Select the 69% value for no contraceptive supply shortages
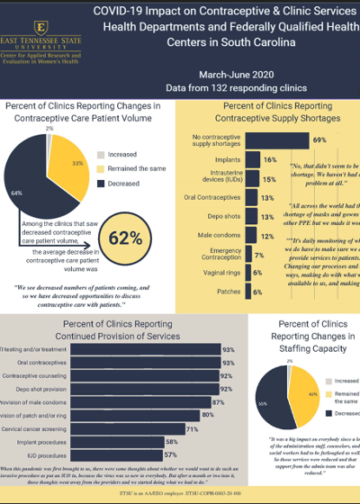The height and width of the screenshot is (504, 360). pyautogui.click(x=319, y=139)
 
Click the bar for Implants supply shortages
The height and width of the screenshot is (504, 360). pyautogui.click(x=250, y=159)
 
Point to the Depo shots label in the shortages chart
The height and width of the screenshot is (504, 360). pyautogui.click(x=223, y=217)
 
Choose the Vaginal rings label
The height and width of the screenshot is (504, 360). pyautogui.click(x=221, y=272)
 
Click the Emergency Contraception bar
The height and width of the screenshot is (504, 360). pyautogui.click(x=248, y=253)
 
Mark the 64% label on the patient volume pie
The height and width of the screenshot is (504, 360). pyautogui.click(x=40, y=191)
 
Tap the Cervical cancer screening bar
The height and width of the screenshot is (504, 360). pyautogui.click(x=136, y=430)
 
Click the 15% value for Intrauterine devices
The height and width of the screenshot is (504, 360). pyautogui.click(x=268, y=179)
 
